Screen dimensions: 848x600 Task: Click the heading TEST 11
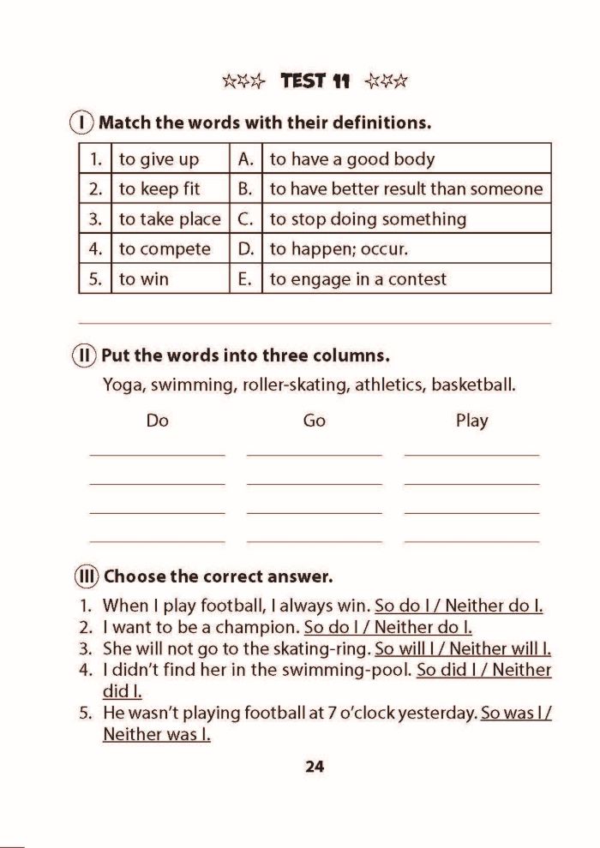pyautogui.click(x=315, y=81)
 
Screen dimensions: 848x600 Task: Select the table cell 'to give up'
pyautogui.click(x=159, y=159)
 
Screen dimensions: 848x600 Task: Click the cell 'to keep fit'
pyautogui.click(x=159, y=188)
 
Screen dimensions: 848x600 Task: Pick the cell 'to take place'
pyautogui.click(x=169, y=219)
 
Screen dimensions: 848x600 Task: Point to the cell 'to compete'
pyautogui.click(x=165, y=249)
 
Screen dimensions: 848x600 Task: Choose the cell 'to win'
pyautogui.click(x=144, y=279)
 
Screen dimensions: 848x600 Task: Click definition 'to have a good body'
pyautogui.click(x=352, y=159)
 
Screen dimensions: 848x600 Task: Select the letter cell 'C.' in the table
pyautogui.click(x=245, y=219)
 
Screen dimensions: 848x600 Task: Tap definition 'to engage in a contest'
pyautogui.click(x=358, y=279)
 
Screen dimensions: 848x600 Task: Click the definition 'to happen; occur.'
pyautogui.click(x=339, y=249)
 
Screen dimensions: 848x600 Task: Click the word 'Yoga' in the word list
pyautogui.click(x=123, y=385)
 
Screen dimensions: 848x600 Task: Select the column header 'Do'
pyautogui.click(x=158, y=421)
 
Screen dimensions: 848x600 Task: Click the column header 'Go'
pyautogui.click(x=315, y=421)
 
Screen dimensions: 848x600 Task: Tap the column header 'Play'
pyautogui.click(x=472, y=421)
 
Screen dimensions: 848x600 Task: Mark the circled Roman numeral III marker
pyautogui.click(x=87, y=576)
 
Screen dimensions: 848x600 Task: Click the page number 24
pyautogui.click(x=315, y=767)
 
